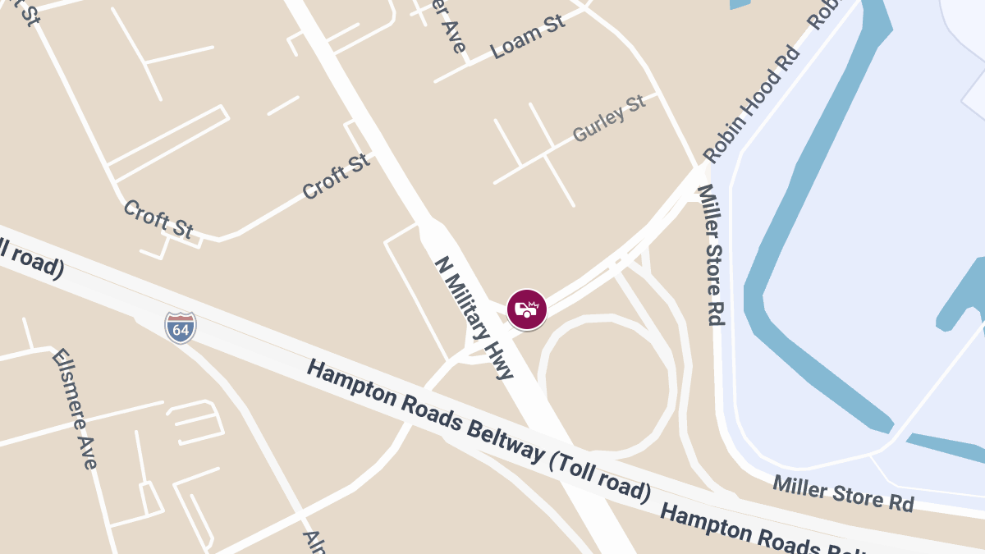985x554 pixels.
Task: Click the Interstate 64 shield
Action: (180, 327)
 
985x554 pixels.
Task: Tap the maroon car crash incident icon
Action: (526, 309)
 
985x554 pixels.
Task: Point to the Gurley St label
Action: (610, 120)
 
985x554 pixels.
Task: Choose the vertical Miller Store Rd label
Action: (711, 254)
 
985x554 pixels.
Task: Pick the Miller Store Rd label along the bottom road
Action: (843, 492)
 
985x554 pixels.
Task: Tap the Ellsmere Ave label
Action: (75, 408)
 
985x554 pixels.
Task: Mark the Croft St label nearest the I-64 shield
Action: (158, 219)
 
